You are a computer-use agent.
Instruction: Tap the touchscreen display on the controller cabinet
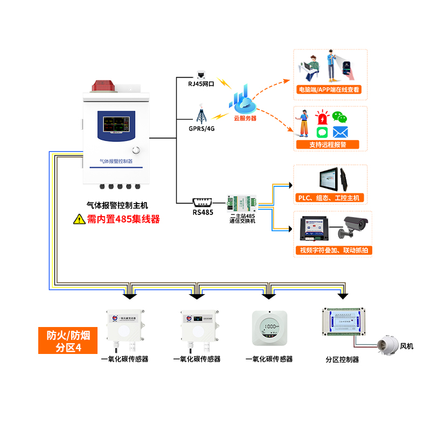[x=115, y=124]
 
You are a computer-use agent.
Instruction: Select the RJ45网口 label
[x=201, y=84]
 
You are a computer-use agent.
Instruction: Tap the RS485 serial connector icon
[x=203, y=203]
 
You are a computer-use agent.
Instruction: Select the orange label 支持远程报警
[x=328, y=144]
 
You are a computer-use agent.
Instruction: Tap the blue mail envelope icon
[x=340, y=131]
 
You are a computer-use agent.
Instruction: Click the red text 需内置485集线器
[x=123, y=219]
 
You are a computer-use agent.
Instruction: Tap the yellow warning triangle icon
[x=78, y=219]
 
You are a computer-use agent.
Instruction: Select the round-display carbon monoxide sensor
[x=269, y=328]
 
